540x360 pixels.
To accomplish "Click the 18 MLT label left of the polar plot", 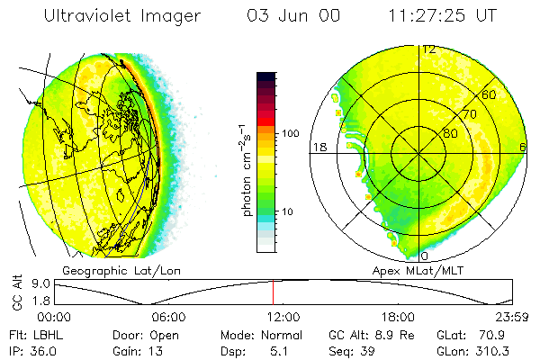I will coord(318,147).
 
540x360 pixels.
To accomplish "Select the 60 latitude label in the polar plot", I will coord(489,94).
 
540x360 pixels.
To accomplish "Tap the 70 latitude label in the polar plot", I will coord(468,114).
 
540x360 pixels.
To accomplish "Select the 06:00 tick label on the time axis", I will coord(168,317).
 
